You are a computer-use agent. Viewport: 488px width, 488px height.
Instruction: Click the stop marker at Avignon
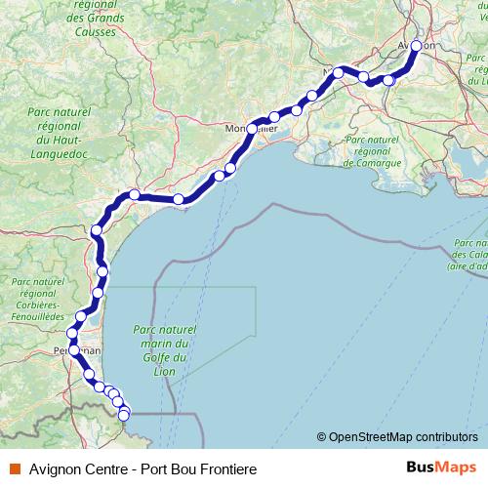418,46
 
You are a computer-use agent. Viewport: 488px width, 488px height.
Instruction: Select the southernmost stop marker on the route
124,416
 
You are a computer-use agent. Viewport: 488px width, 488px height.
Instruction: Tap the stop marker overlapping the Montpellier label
252,129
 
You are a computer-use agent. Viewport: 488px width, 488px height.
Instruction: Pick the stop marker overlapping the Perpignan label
74,349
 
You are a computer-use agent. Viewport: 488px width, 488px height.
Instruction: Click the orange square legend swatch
13,469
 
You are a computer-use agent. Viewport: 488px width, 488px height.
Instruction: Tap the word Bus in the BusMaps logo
420,468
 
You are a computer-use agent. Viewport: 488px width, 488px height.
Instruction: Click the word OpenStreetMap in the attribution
373,438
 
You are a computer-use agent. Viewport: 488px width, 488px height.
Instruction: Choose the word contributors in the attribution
448,438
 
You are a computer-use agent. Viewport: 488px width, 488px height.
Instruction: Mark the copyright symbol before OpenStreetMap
322,438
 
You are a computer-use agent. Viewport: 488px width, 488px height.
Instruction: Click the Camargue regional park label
373,152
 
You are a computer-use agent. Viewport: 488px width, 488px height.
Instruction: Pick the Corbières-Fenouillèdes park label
37,299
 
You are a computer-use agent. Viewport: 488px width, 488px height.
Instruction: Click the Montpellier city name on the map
256,130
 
